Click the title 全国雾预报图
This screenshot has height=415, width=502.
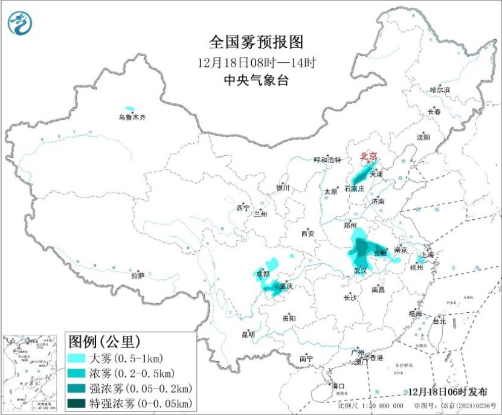click(256, 42)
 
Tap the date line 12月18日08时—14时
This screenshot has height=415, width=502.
click(256, 62)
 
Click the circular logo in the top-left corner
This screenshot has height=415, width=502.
click(21, 23)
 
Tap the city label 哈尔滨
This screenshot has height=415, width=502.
click(440, 90)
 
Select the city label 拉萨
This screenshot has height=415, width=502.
click(138, 275)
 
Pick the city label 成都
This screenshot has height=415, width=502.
click(263, 274)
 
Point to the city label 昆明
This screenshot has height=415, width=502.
click(248, 334)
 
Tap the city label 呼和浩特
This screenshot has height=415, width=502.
click(327, 160)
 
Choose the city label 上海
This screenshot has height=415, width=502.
click(427, 255)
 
